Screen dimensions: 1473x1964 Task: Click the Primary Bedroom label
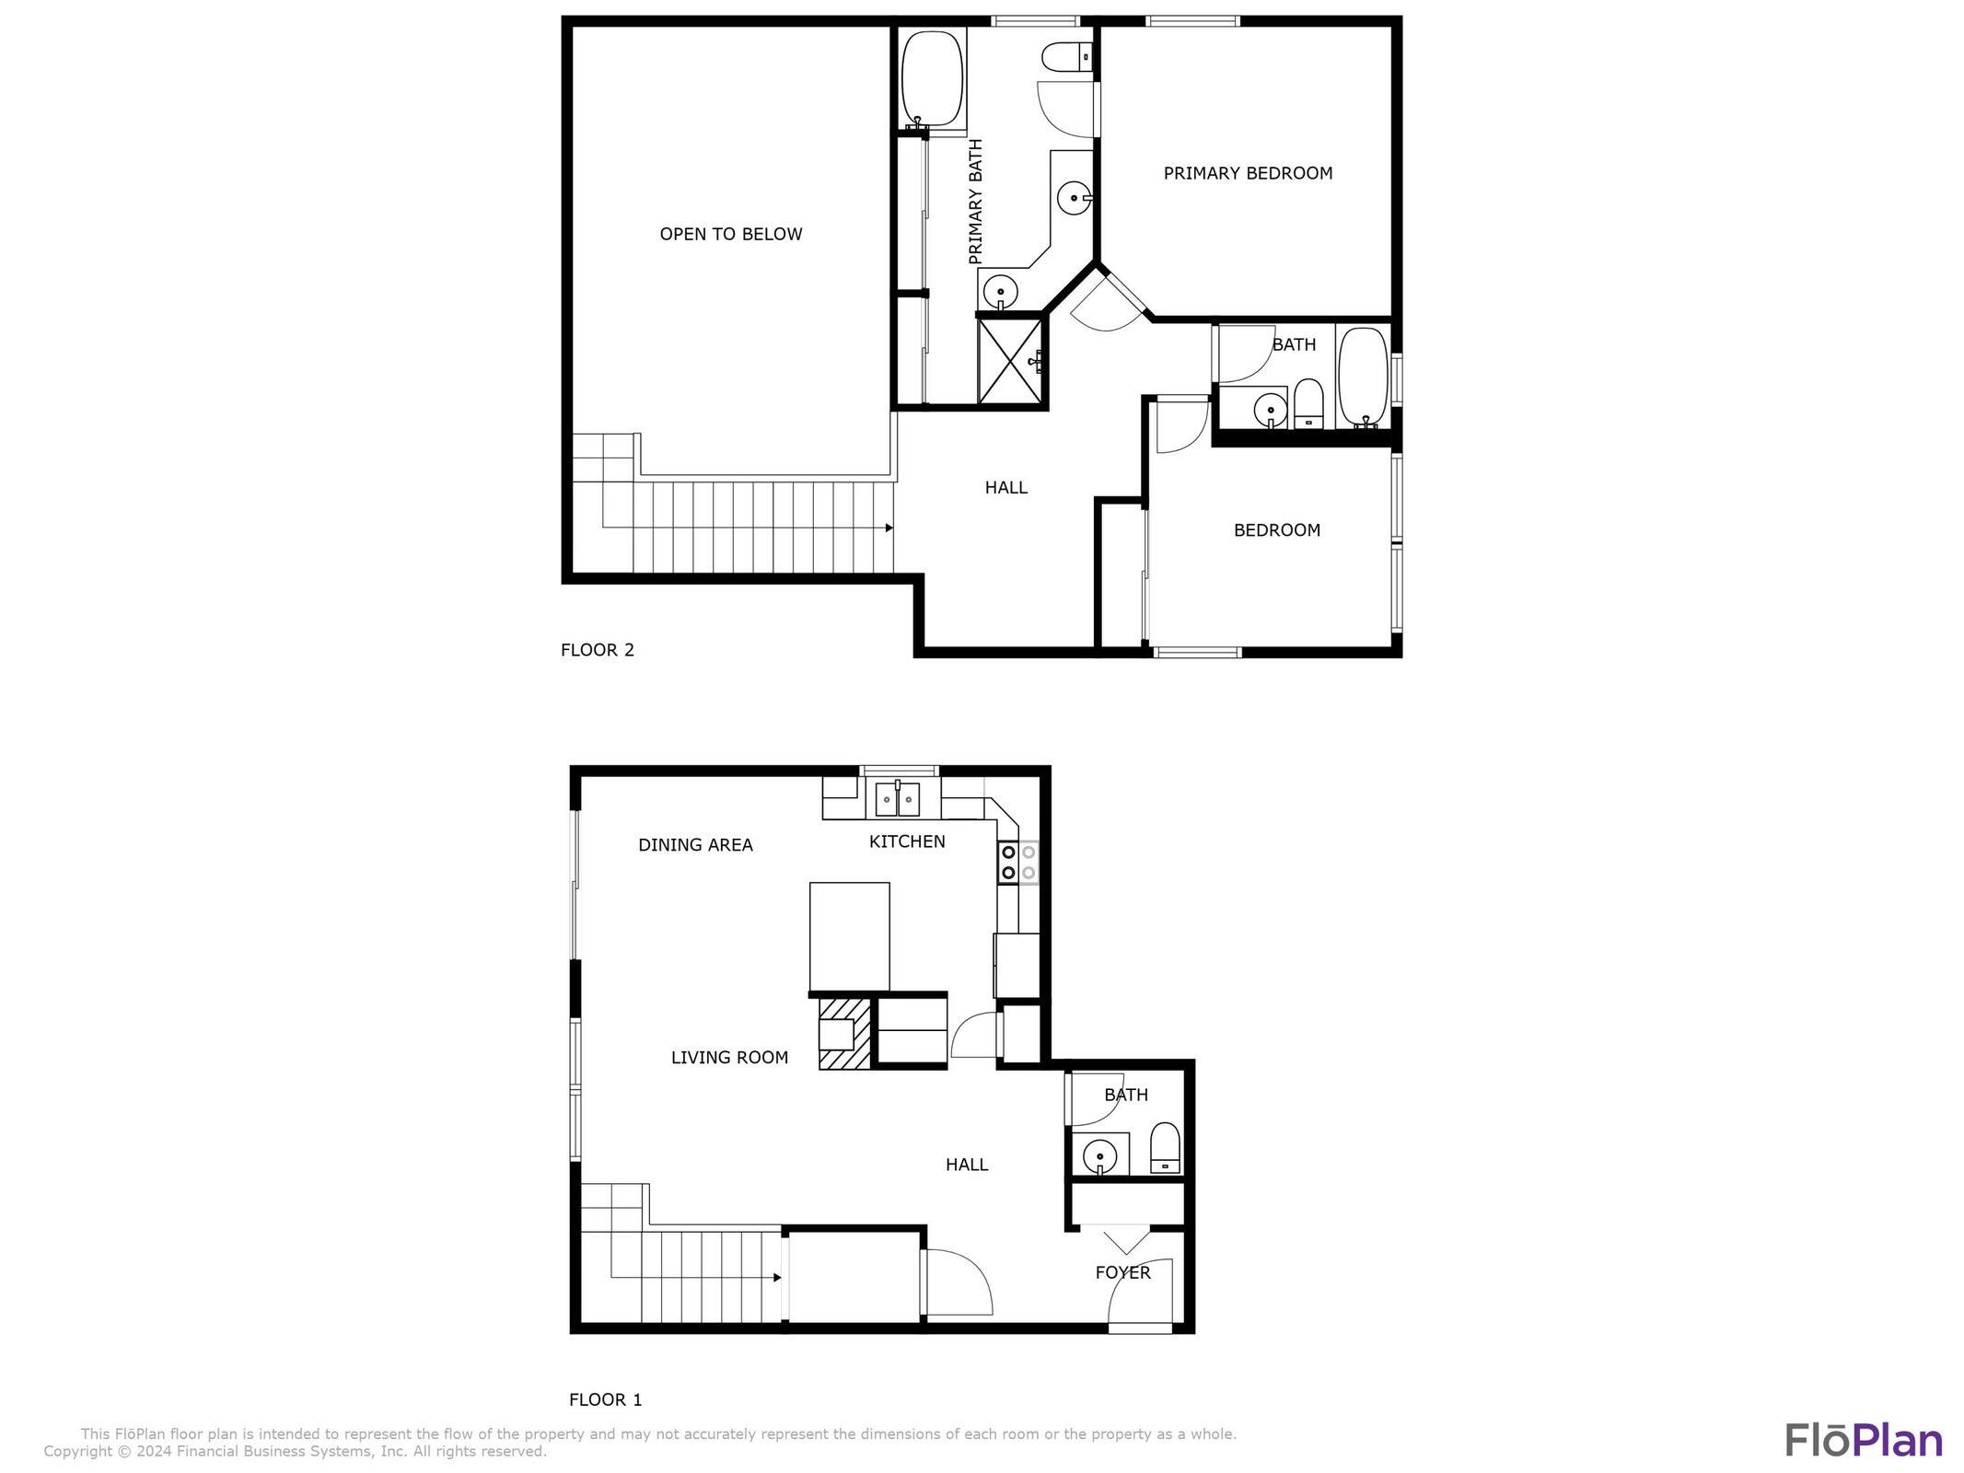coord(1248,173)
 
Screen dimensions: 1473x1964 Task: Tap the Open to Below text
coord(731,234)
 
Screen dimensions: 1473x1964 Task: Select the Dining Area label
coord(695,844)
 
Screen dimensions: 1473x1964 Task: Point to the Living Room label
coord(729,1058)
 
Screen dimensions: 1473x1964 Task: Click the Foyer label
coord(1122,1272)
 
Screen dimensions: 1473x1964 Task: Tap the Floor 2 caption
coord(598,650)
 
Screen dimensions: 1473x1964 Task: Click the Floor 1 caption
coord(605,1399)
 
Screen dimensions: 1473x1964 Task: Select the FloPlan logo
coord(1864,1439)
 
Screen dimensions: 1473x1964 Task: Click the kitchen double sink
coord(898,798)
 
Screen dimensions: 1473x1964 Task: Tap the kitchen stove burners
coord(1018,862)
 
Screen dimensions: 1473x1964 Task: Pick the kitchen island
coord(849,935)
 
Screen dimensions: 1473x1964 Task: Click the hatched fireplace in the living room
coord(844,1035)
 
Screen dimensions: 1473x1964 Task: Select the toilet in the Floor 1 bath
coord(1165,1147)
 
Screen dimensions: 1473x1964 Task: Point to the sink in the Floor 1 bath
coord(1099,1154)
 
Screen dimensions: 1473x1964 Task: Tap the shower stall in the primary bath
coord(1011,360)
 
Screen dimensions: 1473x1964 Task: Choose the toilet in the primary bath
coord(1066,58)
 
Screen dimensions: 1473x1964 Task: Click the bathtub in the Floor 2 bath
coord(1363,377)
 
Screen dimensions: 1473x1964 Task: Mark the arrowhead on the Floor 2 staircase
coord(889,528)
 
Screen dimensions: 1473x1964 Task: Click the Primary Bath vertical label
coord(976,202)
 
